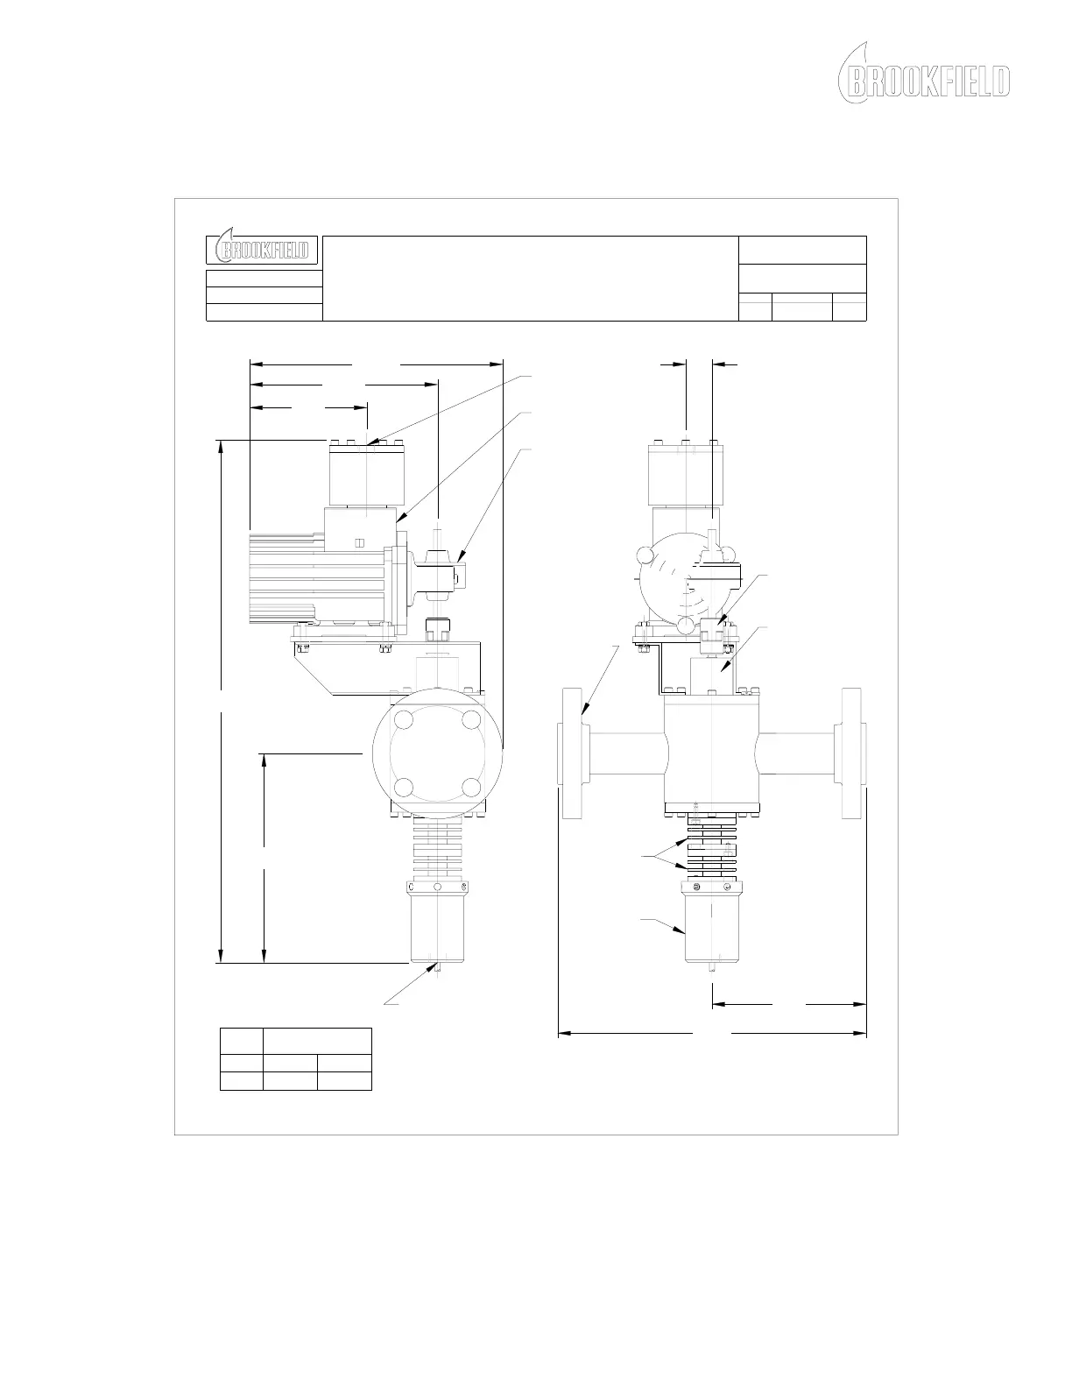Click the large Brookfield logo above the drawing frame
point(923,74)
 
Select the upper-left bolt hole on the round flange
point(405,719)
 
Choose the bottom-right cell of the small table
point(345,1080)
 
